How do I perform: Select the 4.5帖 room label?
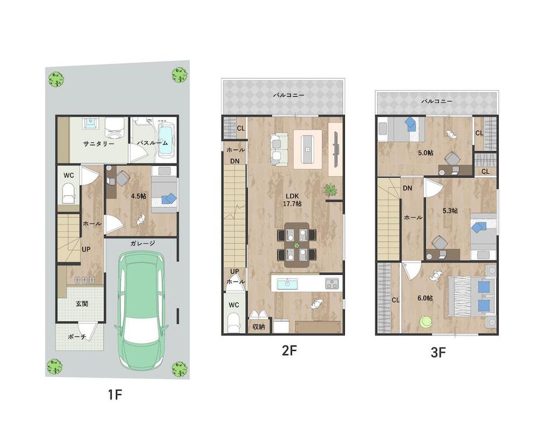[x=139, y=196]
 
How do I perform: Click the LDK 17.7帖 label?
[x=292, y=200]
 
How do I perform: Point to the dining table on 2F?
[x=297, y=245]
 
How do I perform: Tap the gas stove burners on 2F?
[x=332, y=284]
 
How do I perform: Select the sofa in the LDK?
[x=279, y=149]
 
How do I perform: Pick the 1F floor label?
[x=115, y=394]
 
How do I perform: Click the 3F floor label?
[x=438, y=353]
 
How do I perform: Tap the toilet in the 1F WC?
[x=68, y=193]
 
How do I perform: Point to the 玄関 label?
[x=82, y=303]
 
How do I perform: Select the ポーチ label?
[x=77, y=336]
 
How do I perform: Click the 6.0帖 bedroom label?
[x=425, y=298]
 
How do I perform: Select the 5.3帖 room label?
[x=450, y=211]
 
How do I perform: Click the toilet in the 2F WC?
[x=233, y=322]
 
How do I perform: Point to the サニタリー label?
[x=99, y=144]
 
